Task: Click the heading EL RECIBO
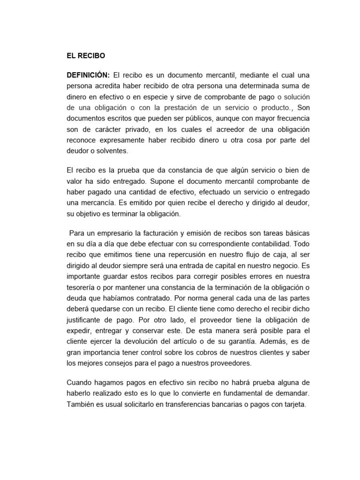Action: (x=86, y=55)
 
